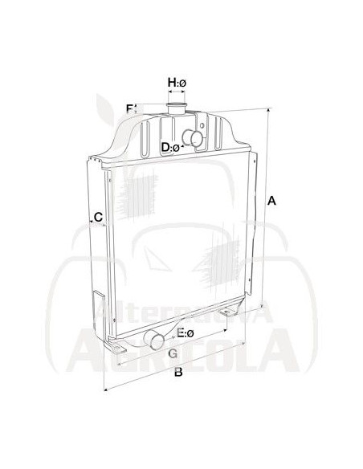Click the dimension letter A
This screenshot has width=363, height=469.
point(272,201)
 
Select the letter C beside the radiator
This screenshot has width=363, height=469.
point(98,217)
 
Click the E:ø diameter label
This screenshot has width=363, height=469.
point(186,333)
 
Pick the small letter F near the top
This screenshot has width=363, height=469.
point(128,108)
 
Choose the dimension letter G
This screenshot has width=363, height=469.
point(172,353)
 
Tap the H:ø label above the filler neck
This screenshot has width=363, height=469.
point(177,83)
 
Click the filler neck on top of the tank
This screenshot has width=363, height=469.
point(177,108)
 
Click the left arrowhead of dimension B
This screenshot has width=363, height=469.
point(106,391)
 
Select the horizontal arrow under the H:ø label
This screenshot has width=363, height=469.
point(177,93)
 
